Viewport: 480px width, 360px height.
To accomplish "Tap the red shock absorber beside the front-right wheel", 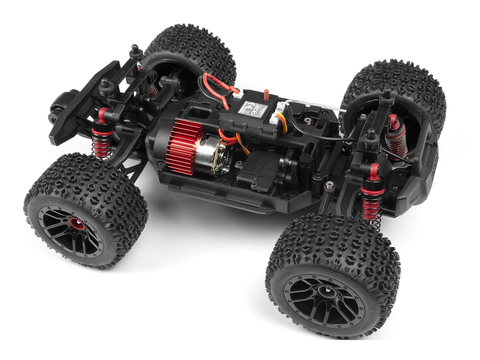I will point(372,196).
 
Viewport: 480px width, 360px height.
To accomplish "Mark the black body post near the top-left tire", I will point(135,52).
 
